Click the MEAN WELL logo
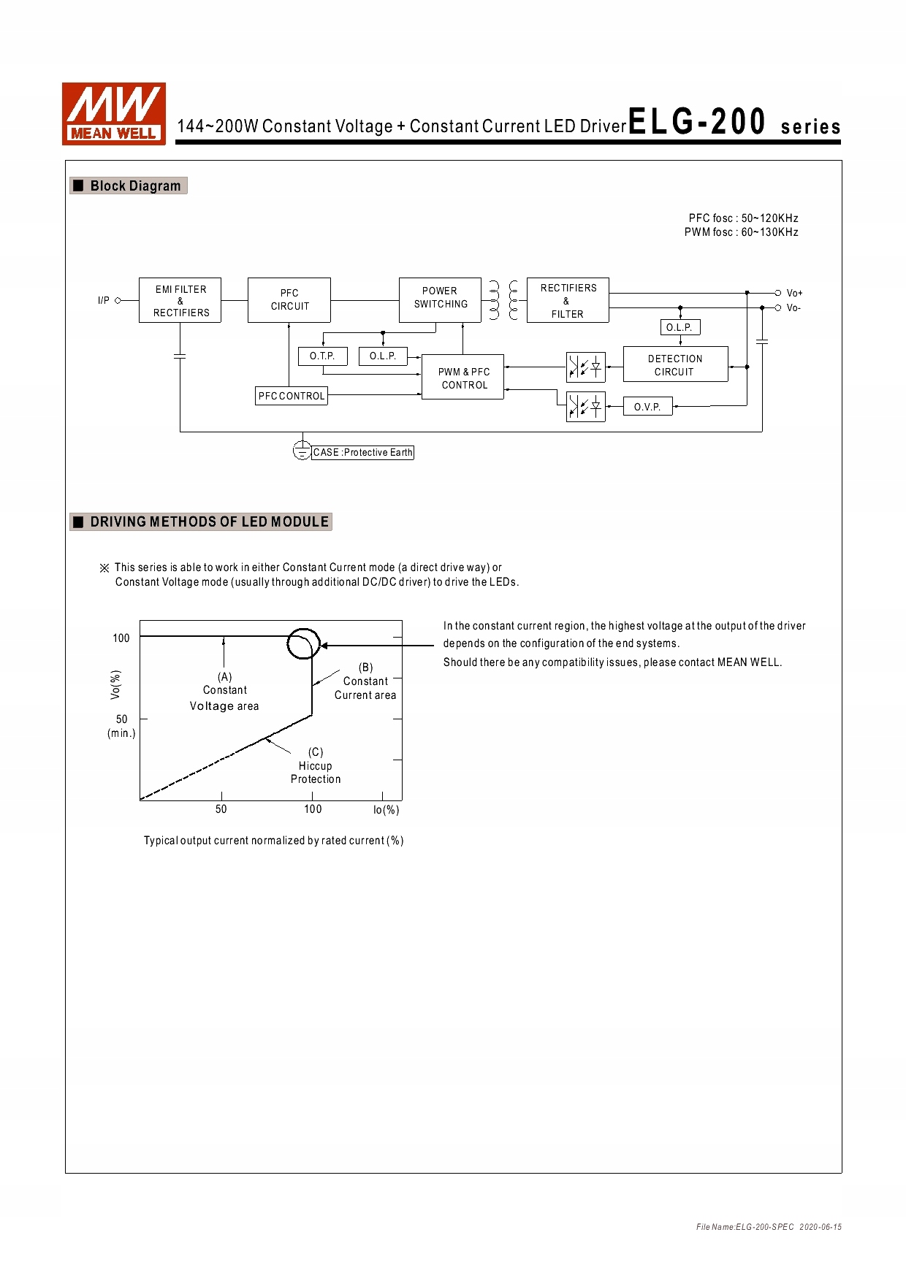coord(114,114)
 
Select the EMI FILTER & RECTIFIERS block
coord(180,300)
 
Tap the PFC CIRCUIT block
coord(289,299)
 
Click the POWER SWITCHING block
coord(440,299)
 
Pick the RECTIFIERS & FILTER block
coord(568,300)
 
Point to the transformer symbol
coord(504,300)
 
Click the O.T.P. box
coord(322,356)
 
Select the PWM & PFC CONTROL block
coord(463,378)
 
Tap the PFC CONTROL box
coord(292,396)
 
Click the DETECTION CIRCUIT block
coord(675,364)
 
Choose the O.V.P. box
coord(647,407)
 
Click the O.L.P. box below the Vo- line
coord(679,327)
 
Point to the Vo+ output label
coord(794,293)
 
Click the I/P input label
coord(104,300)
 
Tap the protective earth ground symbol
coord(302,451)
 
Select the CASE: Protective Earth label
coord(363,453)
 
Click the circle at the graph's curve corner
coord(303,643)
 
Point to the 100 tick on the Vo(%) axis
coord(121,638)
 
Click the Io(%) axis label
coord(386,810)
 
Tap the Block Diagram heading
coord(135,186)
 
